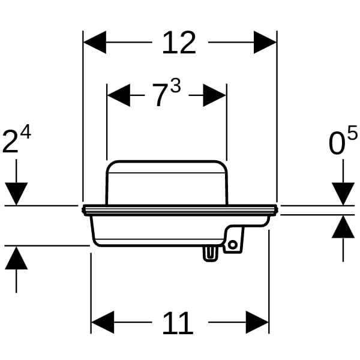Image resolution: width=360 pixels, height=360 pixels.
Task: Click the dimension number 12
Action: (179, 43)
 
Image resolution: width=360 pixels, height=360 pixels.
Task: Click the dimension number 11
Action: (178, 323)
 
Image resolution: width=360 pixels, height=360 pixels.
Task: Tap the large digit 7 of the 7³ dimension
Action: (160, 95)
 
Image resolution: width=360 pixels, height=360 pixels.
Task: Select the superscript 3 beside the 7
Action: (176, 85)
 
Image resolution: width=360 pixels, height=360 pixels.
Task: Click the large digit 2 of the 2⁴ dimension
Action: (10, 142)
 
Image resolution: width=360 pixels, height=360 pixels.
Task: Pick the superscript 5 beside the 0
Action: (352, 132)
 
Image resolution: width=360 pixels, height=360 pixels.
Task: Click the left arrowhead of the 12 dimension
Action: (94, 42)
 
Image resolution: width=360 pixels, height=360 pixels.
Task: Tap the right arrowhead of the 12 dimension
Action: (265, 42)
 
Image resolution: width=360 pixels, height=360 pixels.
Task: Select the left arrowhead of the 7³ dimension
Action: (118, 95)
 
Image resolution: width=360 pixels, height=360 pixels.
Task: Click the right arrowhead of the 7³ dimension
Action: (215, 95)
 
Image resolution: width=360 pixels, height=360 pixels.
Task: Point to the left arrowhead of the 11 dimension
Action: (103, 322)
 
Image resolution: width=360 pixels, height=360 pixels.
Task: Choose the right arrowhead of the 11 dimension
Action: (257, 322)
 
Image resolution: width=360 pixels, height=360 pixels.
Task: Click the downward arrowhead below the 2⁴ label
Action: (16, 194)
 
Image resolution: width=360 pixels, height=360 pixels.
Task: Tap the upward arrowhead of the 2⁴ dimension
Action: (16, 257)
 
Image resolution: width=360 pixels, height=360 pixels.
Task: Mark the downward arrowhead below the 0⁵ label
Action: (343, 194)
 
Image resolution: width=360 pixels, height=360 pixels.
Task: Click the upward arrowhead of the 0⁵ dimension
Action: (343, 227)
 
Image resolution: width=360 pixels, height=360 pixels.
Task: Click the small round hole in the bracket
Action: (233, 245)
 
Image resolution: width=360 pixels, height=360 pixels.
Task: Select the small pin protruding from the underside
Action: (211, 253)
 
